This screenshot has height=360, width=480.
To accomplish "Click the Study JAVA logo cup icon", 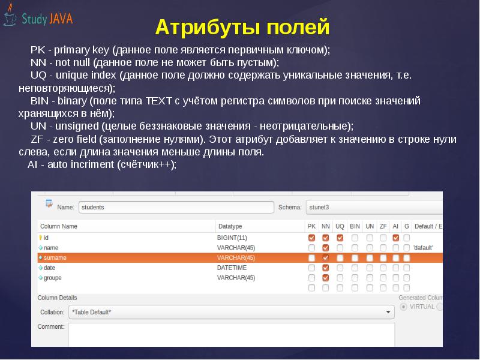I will (x=10, y=16).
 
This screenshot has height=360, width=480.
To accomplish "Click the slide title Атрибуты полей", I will (x=242, y=28).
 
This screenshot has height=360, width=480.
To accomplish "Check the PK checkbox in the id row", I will (x=311, y=238).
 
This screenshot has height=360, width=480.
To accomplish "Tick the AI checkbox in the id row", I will (x=395, y=238).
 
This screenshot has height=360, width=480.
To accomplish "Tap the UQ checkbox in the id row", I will (x=340, y=238).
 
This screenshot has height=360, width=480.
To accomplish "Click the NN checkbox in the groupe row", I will (x=325, y=278).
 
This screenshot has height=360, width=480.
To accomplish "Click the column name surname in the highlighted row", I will (x=55, y=258).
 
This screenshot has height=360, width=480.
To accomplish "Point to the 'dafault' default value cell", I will (x=423, y=248).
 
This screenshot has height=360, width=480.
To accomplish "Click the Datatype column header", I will (x=230, y=226).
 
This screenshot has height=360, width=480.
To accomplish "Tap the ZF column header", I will (x=383, y=226).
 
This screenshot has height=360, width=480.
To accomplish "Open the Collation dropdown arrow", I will (x=387, y=312).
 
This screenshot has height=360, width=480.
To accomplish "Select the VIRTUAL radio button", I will (x=403, y=307).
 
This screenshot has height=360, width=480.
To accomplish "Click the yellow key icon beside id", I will (x=40, y=238).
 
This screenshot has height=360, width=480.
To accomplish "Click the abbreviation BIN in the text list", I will (x=40, y=100).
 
